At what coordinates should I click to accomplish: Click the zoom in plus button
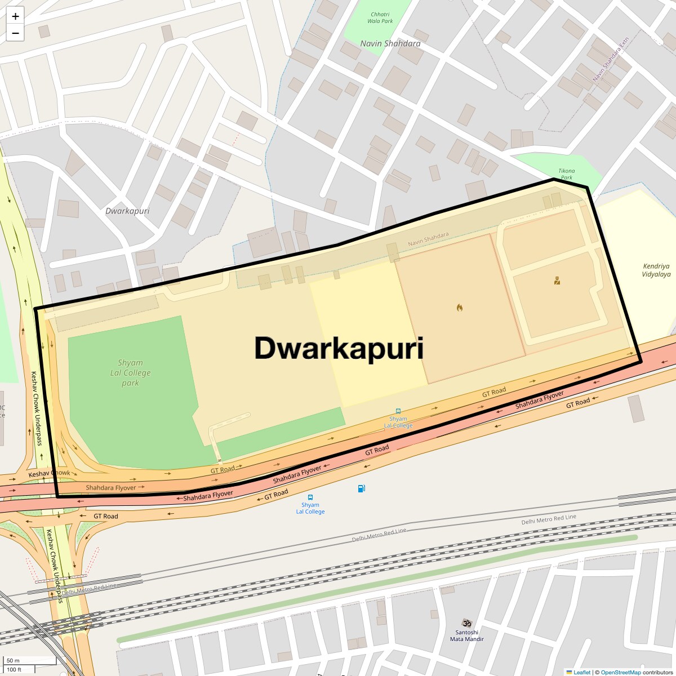point(15,16)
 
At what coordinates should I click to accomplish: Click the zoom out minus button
point(15,33)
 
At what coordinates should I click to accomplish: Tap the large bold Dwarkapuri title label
point(339,348)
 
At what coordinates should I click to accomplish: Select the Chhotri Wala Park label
point(380,18)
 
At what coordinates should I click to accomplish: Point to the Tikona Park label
point(567,174)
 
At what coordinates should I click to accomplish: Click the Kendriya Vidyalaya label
point(656,270)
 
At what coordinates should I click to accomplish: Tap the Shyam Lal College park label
point(130,373)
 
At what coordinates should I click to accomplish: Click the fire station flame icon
point(460,308)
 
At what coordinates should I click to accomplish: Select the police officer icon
point(557,281)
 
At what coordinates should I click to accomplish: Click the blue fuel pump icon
point(361,488)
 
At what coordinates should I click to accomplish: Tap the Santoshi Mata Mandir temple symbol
point(466,624)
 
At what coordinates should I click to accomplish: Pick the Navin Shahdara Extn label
point(611,60)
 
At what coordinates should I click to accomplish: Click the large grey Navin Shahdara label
point(390,43)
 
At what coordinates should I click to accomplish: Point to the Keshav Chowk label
point(50,474)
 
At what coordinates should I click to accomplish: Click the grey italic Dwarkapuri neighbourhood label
point(128,211)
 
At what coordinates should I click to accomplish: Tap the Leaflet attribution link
point(581,672)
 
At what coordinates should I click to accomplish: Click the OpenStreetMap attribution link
point(620,672)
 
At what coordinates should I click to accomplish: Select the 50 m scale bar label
point(13,661)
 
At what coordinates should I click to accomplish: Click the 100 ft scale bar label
point(14,669)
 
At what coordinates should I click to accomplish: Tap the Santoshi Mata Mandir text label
point(467,635)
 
